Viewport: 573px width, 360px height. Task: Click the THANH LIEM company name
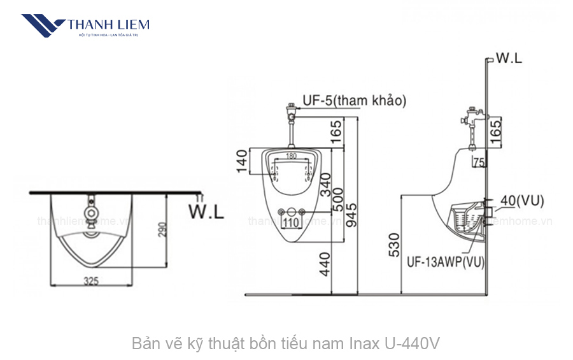coord(108,25)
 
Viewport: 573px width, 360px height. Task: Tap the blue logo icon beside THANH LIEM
coord(43,25)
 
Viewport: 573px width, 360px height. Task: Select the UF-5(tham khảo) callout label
coord(353,100)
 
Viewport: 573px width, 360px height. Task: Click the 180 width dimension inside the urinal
coord(291,156)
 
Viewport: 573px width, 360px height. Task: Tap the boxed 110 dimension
coord(291,223)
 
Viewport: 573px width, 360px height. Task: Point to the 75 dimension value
coord(478,162)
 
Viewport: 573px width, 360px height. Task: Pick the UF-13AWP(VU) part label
coord(445,261)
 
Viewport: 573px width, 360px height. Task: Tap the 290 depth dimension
coord(162,229)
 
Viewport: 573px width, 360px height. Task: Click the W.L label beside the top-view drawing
coord(206,212)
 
